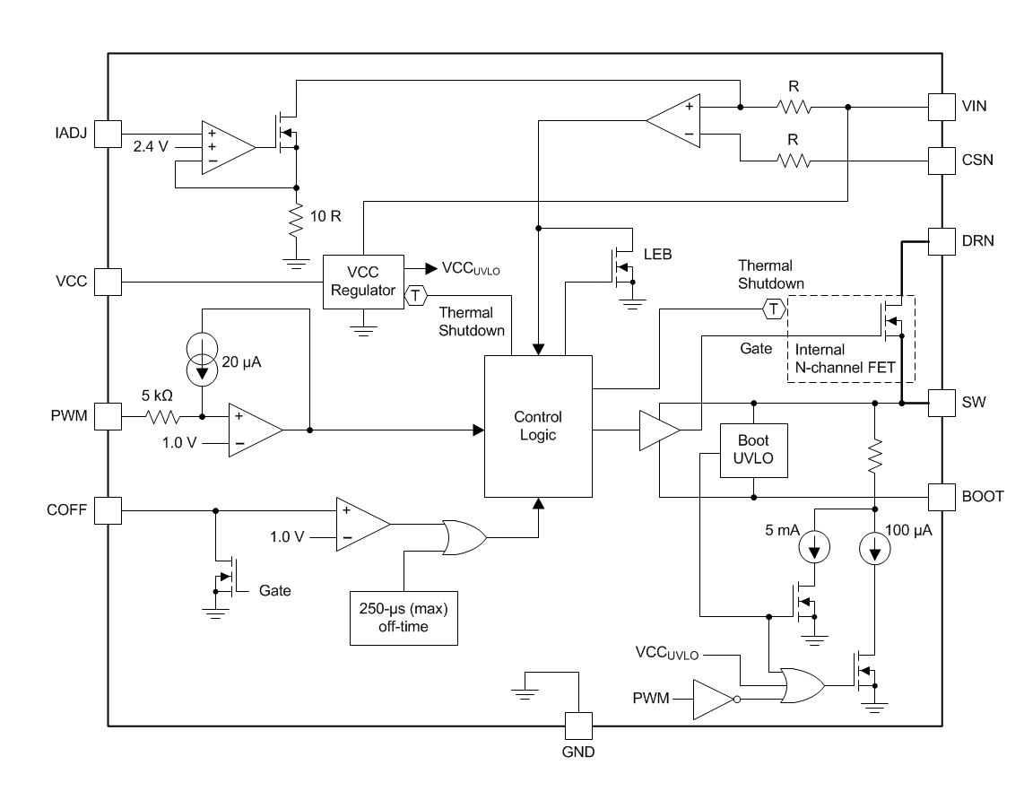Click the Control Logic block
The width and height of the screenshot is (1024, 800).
(x=538, y=426)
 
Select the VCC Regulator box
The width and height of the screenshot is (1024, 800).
(x=363, y=282)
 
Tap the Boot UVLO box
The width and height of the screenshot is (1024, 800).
(x=753, y=450)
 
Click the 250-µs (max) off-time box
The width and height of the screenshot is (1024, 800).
(x=404, y=618)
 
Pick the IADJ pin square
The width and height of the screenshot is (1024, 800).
(x=108, y=134)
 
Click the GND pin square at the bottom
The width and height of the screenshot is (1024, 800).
(x=578, y=726)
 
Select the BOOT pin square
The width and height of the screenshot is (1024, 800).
(x=942, y=497)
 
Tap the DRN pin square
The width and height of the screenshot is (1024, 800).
(x=942, y=241)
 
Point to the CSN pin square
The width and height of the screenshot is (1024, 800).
(x=942, y=161)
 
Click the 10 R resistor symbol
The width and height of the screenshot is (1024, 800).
(x=297, y=220)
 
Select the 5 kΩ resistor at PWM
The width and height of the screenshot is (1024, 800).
(x=162, y=416)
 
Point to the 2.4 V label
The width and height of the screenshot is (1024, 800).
(x=151, y=146)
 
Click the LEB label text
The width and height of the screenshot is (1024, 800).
(x=657, y=254)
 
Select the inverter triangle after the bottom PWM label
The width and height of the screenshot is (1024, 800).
(x=716, y=700)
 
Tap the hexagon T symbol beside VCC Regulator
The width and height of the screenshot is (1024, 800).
(x=415, y=295)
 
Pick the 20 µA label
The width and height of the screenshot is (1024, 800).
(x=241, y=361)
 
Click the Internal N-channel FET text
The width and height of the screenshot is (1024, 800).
(x=845, y=359)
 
